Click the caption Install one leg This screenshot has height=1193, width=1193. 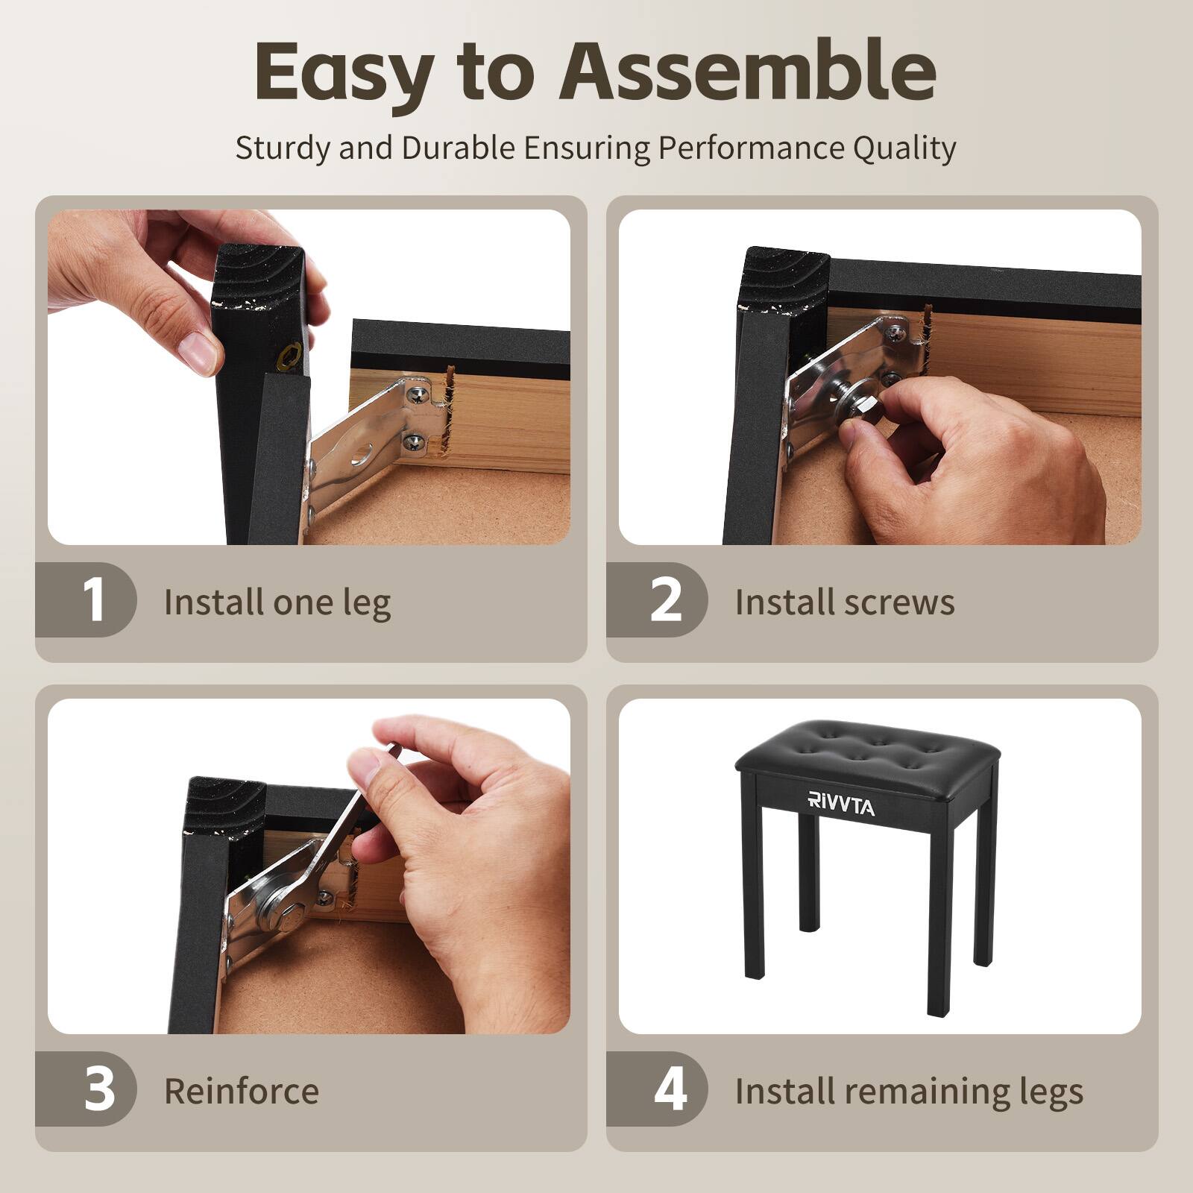[x=277, y=602]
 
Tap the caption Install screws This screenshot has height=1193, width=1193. [x=845, y=602]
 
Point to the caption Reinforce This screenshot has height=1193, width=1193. [x=242, y=1091]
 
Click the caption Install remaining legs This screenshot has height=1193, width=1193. [x=909, y=1092]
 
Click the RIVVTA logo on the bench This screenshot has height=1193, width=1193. [x=841, y=805]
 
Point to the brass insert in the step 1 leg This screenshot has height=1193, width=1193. [x=289, y=359]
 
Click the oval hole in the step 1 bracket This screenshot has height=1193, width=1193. [x=364, y=453]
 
